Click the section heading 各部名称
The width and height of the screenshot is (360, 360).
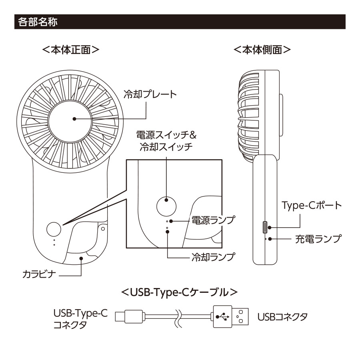[36, 22]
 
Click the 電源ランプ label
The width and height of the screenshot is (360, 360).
[212, 220]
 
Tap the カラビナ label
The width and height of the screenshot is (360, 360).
[39, 275]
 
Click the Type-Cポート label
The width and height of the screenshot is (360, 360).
[312, 206]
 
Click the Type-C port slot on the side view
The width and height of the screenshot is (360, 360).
[265, 228]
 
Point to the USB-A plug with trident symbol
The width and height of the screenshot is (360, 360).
[230, 317]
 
